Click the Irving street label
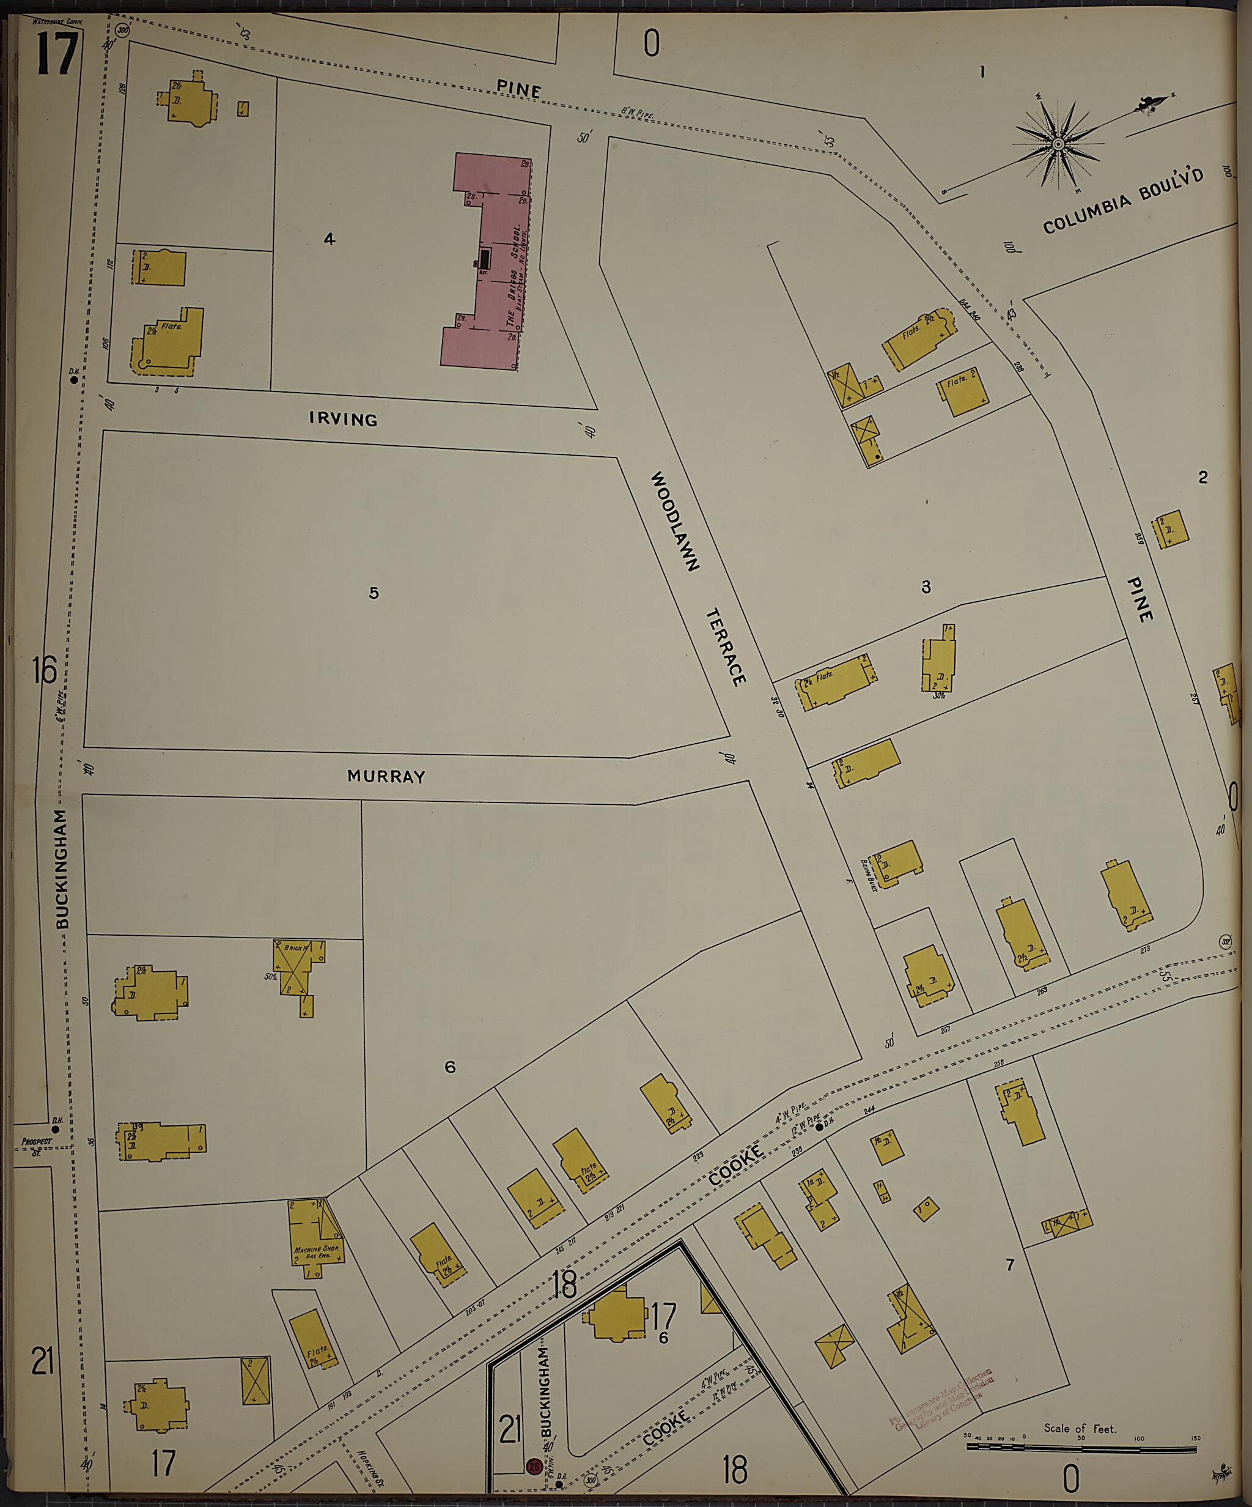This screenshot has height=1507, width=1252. [343, 419]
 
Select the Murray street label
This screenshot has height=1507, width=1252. [386, 777]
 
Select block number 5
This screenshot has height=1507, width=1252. [374, 593]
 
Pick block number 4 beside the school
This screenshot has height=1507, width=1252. [330, 239]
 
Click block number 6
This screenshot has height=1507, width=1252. [450, 1067]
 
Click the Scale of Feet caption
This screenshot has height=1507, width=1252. [1080, 1409]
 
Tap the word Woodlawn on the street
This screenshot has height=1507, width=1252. [674, 521]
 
